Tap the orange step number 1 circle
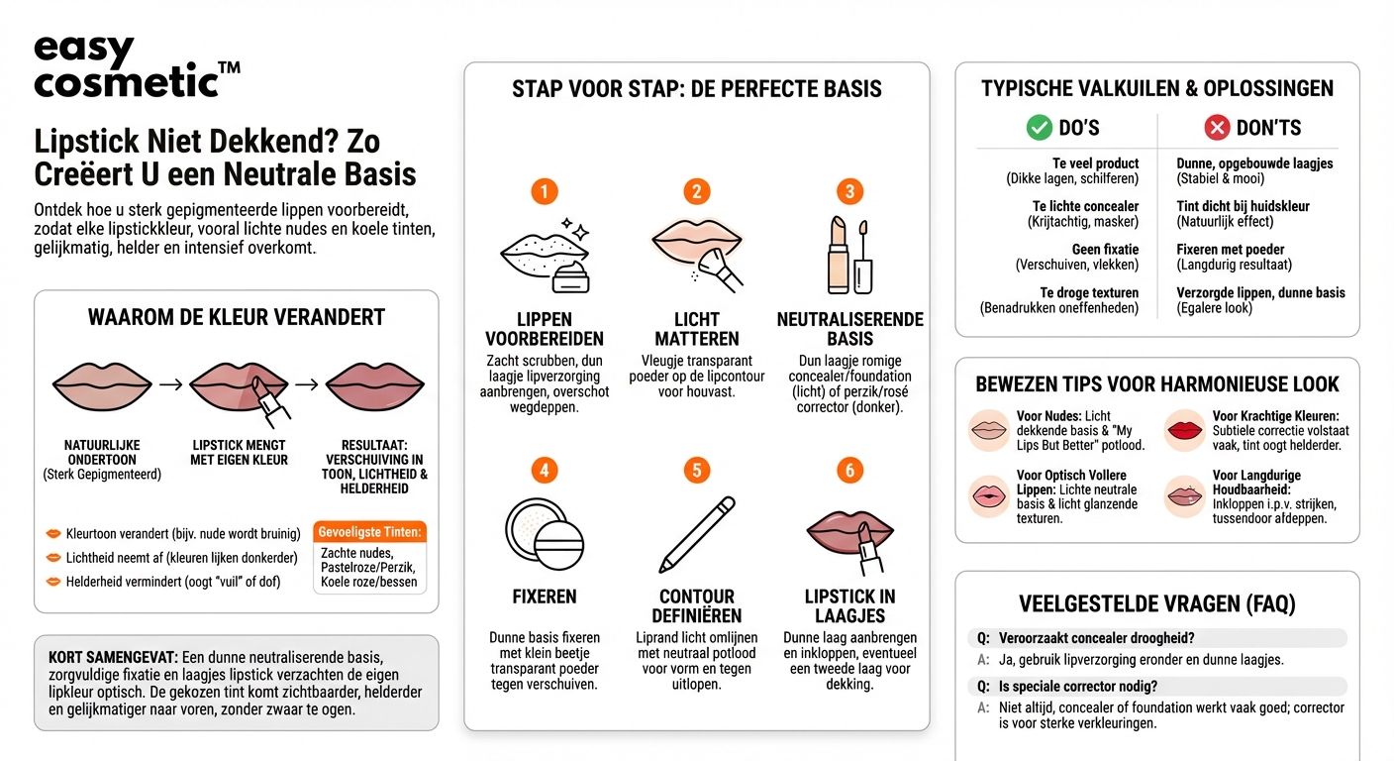(545, 191)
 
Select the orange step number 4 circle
(545, 470)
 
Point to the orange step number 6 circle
(848, 470)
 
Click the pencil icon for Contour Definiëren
(697, 535)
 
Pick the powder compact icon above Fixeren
(545, 535)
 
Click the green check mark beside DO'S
(1039, 128)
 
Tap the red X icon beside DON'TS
(1217, 128)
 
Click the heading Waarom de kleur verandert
(237, 318)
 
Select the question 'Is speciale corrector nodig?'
(1078, 686)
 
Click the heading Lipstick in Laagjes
(849, 605)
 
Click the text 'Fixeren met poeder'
(1231, 250)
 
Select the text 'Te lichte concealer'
(1086, 206)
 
